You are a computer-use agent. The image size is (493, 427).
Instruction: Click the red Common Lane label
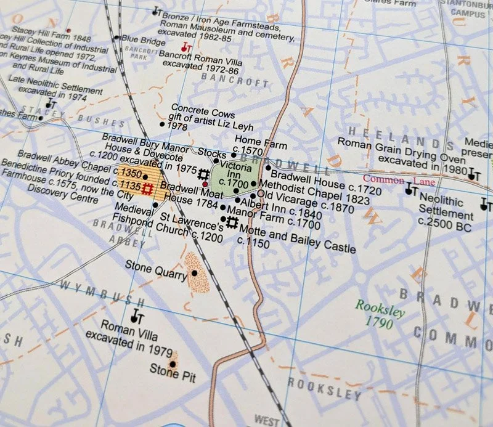point(407,181)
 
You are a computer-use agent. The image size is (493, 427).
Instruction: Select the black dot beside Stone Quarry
point(195,273)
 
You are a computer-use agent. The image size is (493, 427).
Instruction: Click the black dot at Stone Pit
point(173,364)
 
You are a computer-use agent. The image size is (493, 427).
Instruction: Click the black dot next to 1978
point(162,124)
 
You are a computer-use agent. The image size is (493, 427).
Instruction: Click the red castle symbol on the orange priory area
point(147,188)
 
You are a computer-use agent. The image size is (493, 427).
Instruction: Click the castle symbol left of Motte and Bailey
point(232,223)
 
